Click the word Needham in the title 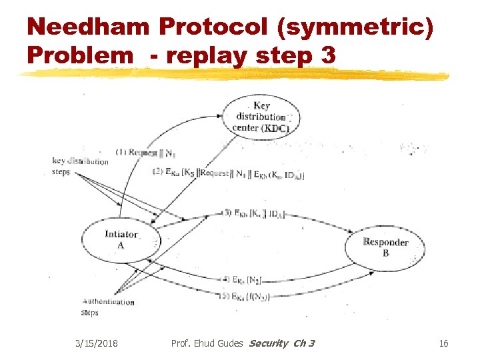pos(89,28)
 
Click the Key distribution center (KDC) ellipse pos(261,117)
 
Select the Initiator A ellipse pos(121,239)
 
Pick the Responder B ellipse pos(385,247)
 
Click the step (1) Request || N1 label pos(144,152)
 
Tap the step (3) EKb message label pos(254,213)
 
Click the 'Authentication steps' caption pos(107,307)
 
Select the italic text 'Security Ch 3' pos(281,343)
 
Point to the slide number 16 pos(444,343)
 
